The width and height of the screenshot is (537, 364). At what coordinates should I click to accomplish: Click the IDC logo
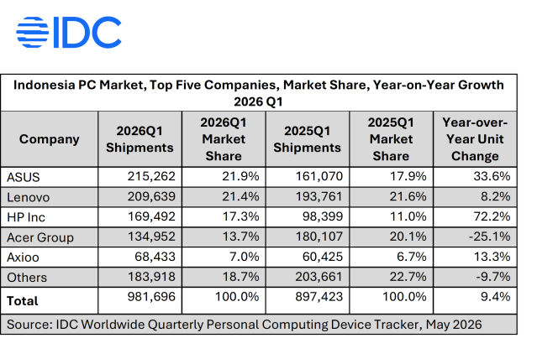[x=69, y=32]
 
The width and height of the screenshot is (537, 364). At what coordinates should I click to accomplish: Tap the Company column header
[x=50, y=139]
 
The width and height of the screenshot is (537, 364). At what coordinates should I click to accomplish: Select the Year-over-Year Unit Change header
[x=475, y=139]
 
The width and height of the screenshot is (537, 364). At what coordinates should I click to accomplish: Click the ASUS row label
[x=24, y=177]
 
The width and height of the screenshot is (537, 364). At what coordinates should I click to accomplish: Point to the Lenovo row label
[x=28, y=197]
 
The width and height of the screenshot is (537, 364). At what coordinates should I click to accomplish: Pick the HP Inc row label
[x=26, y=217]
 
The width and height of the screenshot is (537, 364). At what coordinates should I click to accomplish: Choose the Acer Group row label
[x=40, y=237]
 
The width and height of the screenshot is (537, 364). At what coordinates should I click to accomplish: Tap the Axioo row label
[x=23, y=257]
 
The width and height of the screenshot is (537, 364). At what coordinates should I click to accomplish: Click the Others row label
[x=27, y=277]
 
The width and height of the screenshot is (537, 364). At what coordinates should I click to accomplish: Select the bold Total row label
[x=22, y=301]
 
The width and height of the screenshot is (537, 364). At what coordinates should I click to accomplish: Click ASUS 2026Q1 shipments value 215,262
[x=151, y=176]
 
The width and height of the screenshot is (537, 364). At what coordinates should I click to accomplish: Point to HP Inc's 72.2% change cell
[x=492, y=216]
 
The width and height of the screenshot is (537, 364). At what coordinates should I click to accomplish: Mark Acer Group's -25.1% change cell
[x=489, y=237]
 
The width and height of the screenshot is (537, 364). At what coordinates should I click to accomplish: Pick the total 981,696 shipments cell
[x=151, y=296]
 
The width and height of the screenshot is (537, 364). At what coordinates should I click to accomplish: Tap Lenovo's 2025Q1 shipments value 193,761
[x=319, y=196]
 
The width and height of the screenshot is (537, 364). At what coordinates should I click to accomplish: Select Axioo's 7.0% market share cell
[x=245, y=257]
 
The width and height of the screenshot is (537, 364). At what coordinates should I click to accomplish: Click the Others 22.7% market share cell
[x=408, y=276]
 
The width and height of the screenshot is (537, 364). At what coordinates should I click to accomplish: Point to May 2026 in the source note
[x=454, y=325]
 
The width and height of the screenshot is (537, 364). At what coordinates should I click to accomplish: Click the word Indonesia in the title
[x=45, y=85]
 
